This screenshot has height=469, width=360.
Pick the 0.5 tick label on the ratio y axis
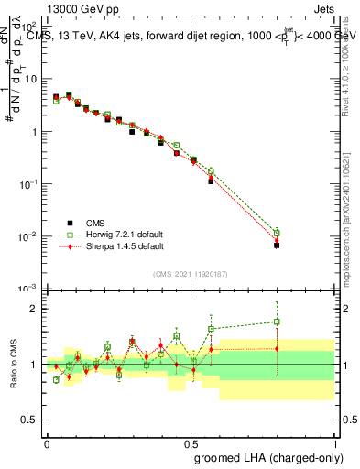(x=33, y=420)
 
